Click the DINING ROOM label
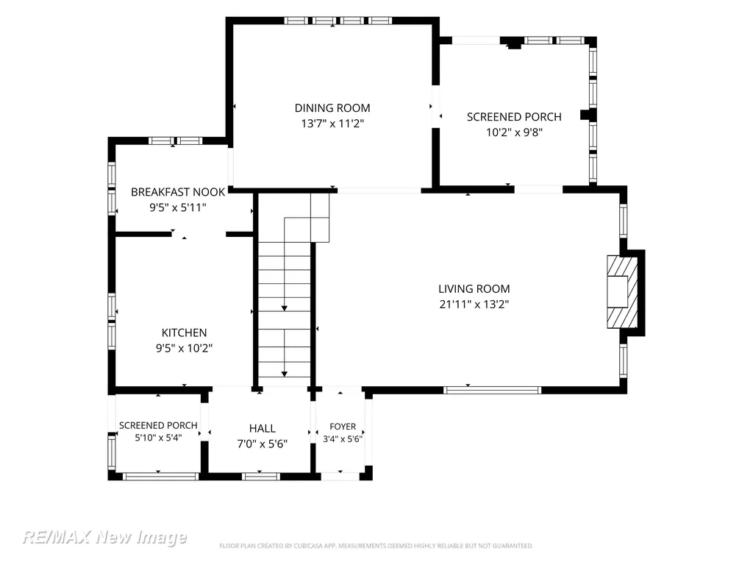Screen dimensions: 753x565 [x=332, y=108]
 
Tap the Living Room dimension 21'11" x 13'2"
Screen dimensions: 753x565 [x=474, y=304]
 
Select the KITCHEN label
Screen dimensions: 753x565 [x=184, y=333]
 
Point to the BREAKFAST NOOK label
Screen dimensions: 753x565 [x=178, y=192]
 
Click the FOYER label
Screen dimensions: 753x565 [x=343, y=427]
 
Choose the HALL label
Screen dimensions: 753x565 [x=263, y=429]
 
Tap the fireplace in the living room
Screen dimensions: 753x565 [x=622, y=291]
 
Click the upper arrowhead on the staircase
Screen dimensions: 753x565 [x=285, y=308]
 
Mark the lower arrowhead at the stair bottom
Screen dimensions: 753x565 [x=285, y=374]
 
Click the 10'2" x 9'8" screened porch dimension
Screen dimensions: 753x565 [x=514, y=132]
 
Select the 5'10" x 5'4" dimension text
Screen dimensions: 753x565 [x=159, y=438]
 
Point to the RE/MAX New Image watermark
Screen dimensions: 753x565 [x=104, y=536]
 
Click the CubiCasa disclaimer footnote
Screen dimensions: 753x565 [x=376, y=546]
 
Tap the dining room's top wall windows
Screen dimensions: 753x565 [x=338, y=21]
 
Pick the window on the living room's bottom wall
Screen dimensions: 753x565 [x=492, y=390]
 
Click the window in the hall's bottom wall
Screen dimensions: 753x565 [x=260, y=477]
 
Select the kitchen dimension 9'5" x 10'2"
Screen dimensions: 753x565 [x=184, y=348]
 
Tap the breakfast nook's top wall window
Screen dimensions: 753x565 [x=175, y=141]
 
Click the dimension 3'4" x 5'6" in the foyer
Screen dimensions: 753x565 [x=343, y=438]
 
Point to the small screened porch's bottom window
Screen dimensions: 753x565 [x=160, y=477]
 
